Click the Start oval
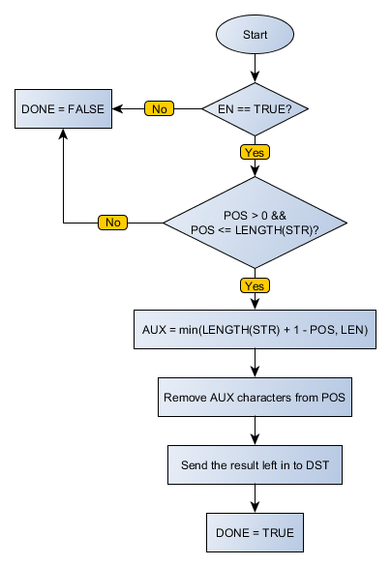[255, 34]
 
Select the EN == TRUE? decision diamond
[255, 109]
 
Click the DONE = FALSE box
[63, 109]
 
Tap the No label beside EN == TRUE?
[160, 109]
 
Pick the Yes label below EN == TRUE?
[255, 152]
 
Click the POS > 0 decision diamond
[255, 222]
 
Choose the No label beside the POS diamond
[112, 223]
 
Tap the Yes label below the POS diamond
[255, 286]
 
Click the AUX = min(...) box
[255, 330]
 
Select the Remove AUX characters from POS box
[255, 398]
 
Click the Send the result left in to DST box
[255, 464]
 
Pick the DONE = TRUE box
[255, 532]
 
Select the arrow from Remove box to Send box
[255, 431]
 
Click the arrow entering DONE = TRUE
[255, 498]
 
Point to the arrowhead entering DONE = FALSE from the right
[122, 109]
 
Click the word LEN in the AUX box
[356, 330]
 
